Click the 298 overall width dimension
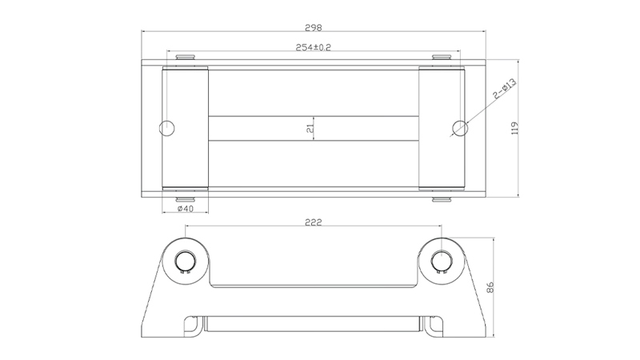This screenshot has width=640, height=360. pyautogui.click(x=314, y=28)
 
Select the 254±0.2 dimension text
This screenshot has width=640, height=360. pyautogui.click(x=314, y=47)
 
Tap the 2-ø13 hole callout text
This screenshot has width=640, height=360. pyautogui.click(x=505, y=89)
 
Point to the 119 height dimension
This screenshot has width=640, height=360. pyautogui.click(x=514, y=128)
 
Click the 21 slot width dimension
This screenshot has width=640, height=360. pyautogui.click(x=310, y=128)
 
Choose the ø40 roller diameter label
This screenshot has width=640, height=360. pyautogui.click(x=186, y=209)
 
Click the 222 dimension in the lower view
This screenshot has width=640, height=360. pyautogui.click(x=314, y=222)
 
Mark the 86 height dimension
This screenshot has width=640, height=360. pyautogui.click(x=490, y=287)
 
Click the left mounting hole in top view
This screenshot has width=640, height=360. pyautogui.click(x=166, y=128)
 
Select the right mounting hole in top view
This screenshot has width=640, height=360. pyautogui.click(x=460, y=128)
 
